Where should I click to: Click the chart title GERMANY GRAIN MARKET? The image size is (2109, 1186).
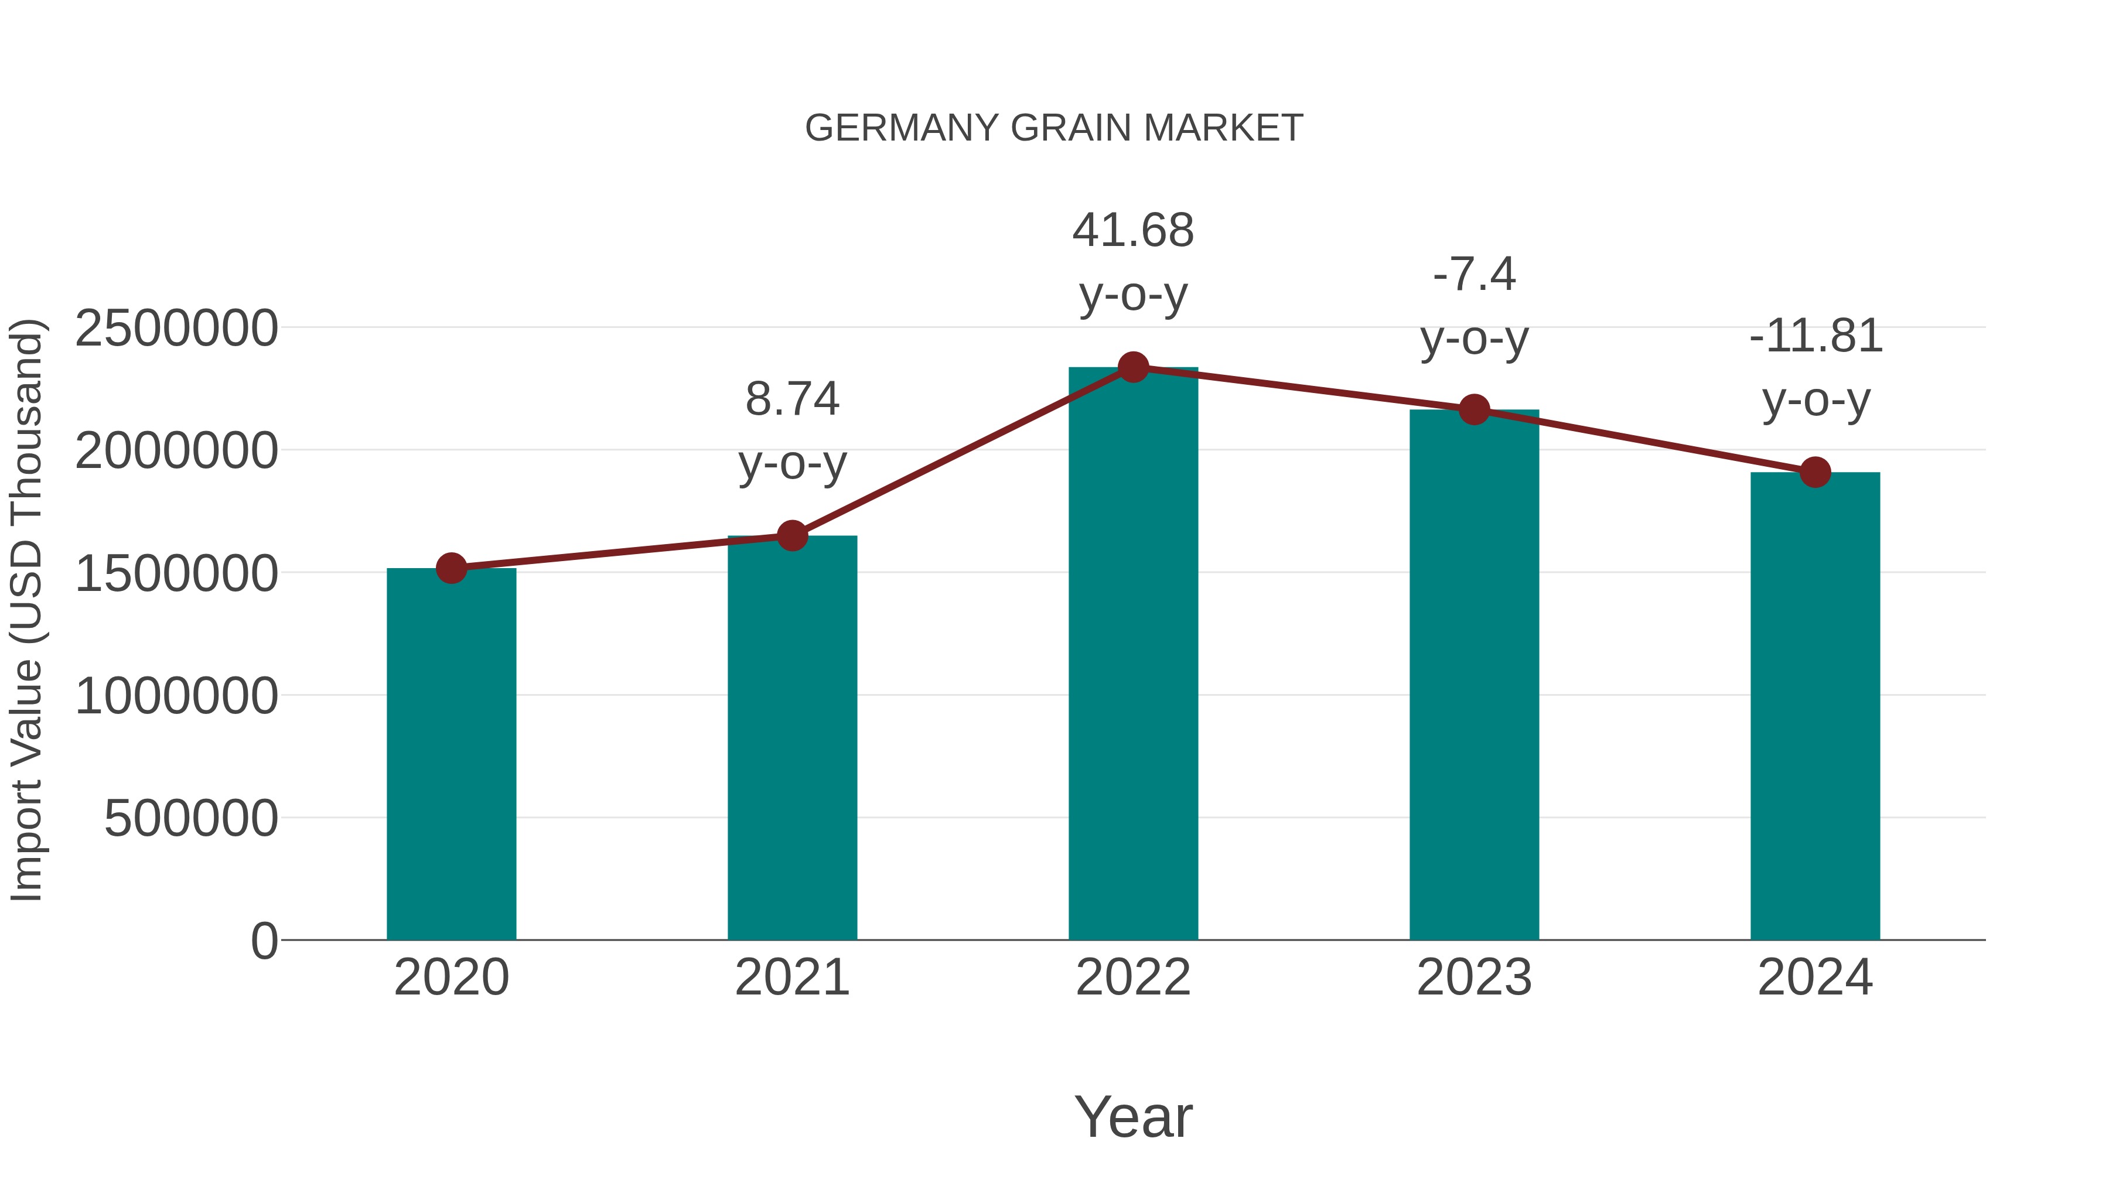(x=1054, y=128)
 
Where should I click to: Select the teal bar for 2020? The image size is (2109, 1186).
(x=451, y=753)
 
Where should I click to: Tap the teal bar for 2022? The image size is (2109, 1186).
(x=1133, y=655)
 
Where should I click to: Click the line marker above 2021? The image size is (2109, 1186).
(x=791, y=536)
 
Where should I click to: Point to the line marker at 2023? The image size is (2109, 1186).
(x=1474, y=410)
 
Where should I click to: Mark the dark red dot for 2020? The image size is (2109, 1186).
(x=451, y=568)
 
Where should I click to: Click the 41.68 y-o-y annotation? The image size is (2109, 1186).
(x=1133, y=262)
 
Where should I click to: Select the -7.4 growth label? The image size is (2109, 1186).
(x=1474, y=274)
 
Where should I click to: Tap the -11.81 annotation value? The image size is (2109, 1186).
(x=1815, y=336)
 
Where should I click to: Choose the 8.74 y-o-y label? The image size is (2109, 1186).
(x=791, y=431)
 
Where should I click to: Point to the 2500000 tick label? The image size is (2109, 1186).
(x=176, y=329)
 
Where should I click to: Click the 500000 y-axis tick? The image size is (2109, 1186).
(x=191, y=819)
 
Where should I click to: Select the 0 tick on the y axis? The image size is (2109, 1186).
(x=264, y=941)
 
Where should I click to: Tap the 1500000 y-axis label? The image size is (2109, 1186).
(x=176, y=574)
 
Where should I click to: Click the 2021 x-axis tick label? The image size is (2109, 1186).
(x=791, y=978)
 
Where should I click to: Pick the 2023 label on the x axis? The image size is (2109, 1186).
(x=1474, y=978)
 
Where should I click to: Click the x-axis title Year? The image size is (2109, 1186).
(x=1133, y=1117)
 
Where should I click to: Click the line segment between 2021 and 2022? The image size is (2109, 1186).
(x=962, y=452)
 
